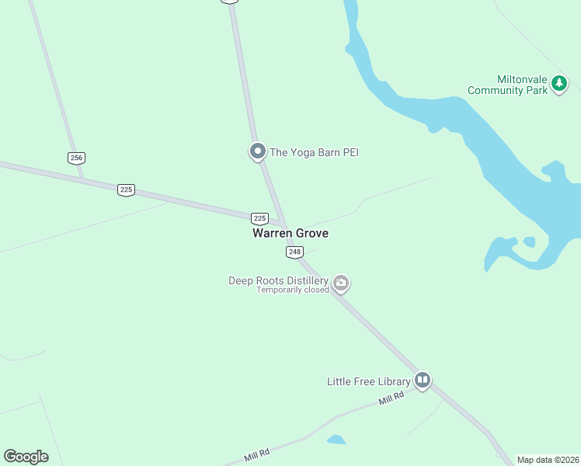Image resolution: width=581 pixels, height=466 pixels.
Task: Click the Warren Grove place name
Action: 290,233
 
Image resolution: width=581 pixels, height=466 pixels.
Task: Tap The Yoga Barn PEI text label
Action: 314,152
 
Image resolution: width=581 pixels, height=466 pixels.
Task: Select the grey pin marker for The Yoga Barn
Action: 258,151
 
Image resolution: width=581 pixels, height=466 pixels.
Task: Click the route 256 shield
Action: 76,158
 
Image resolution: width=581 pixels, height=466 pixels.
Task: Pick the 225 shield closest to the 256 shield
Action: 126,190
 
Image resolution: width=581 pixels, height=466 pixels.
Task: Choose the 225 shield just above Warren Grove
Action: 259,218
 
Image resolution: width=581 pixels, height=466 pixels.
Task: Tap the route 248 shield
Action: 294,252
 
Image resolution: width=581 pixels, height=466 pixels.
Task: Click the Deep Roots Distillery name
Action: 278,280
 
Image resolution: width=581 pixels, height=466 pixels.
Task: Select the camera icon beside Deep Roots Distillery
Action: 340,283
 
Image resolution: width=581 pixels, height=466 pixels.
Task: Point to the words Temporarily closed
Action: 293,290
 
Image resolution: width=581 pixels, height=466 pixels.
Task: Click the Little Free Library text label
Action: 368,381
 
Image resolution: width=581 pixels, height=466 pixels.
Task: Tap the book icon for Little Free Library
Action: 423,381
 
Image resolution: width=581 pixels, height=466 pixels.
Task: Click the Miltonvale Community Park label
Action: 508,85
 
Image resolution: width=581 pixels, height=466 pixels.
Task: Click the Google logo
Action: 26,457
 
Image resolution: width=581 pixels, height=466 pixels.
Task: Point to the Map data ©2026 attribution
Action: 548,460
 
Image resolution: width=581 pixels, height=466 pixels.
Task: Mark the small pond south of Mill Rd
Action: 336,440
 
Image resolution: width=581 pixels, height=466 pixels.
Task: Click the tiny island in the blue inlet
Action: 529,242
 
